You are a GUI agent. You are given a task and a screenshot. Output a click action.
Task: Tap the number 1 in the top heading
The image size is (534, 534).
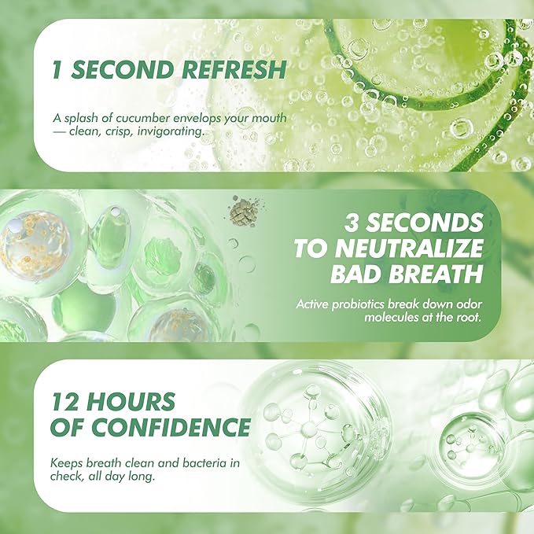pyautogui.click(x=56, y=69)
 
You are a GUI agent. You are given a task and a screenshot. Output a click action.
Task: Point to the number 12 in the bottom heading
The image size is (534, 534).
pyautogui.click(x=66, y=400)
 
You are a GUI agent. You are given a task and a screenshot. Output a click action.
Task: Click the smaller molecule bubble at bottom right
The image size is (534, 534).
pyautogui.click(x=465, y=437)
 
